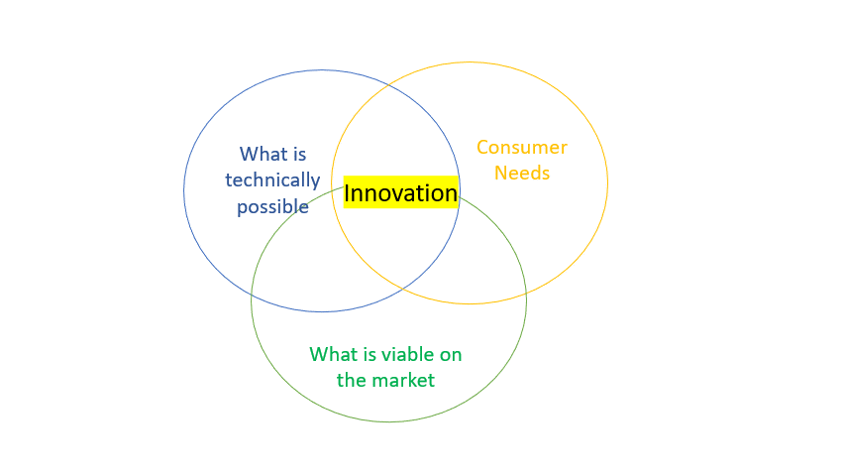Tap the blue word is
point(299,155)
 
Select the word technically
point(272,180)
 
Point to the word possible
point(272,206)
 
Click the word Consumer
point(522,148)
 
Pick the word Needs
point(522,174)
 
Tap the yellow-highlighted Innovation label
point(401,192)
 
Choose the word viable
point(408,355)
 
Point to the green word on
point(451,356)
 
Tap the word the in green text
point(352,381)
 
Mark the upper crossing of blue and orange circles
point(389,84)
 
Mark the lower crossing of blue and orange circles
point(403,290)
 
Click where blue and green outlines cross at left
point(252,295)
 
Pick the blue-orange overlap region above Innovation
point(396,135)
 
